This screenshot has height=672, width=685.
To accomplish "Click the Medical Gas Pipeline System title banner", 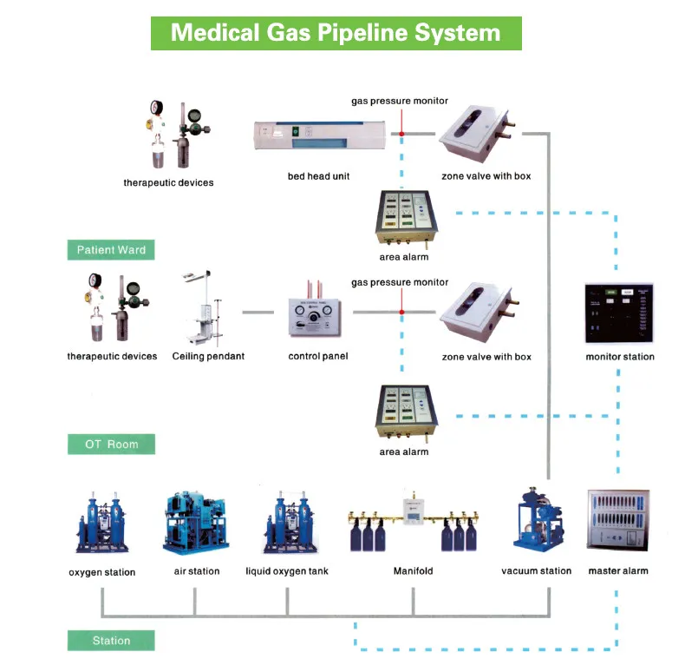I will [336, 33].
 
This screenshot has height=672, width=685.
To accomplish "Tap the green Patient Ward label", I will [111, 250].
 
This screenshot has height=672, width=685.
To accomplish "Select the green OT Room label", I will [111, 445].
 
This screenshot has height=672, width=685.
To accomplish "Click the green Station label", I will [111, 641].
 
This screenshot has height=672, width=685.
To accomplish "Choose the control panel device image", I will [317, 316].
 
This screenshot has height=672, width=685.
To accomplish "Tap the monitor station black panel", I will [619, 313].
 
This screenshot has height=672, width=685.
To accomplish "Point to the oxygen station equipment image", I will [101, 524].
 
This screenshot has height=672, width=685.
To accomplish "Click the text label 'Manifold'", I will [413, 571].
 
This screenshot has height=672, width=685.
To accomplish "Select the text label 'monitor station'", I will [620, 357].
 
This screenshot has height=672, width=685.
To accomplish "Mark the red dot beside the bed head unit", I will [401, 133].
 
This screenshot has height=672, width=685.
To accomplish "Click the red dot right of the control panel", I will [401, 313].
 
